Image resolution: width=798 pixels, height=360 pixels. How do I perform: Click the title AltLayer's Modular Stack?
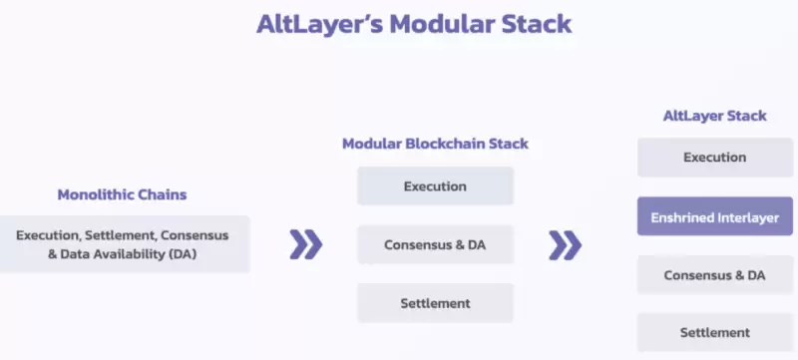pos(399,25)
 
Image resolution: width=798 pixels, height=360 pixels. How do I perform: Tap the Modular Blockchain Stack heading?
pos(435,144)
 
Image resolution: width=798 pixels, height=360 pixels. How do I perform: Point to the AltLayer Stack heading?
pos(715,116)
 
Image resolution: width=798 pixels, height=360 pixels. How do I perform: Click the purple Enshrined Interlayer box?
pos(715,215)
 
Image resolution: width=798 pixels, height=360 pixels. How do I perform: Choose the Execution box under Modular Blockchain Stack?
pos(435,186)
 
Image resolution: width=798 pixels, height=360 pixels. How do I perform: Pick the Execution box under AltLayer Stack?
pos(715,158)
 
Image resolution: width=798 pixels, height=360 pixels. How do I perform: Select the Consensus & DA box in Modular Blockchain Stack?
pos(435,244)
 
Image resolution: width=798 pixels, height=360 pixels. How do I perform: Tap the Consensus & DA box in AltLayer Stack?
pos(715,274)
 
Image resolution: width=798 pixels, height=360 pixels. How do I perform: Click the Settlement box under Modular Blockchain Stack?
pos(435,302)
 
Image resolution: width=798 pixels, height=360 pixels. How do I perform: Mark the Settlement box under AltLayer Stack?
pos(715,332)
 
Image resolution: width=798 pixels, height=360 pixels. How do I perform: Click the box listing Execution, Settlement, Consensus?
pos(124,244)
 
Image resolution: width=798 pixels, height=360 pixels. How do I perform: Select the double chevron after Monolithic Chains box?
pos(306,244)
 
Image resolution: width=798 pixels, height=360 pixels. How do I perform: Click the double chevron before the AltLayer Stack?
pos(566,244)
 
